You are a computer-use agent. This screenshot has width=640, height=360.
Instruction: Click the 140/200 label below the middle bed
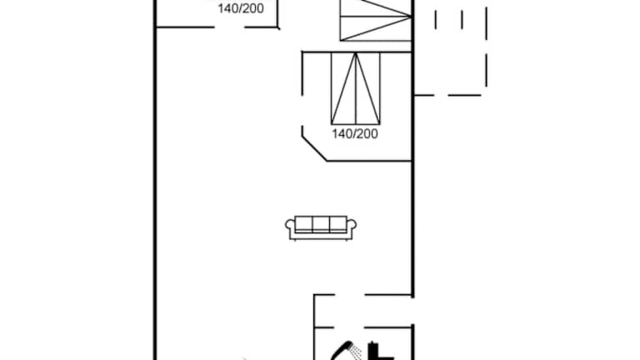[x=355, y=134]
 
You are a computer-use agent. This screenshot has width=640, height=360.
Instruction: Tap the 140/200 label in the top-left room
[x=241, y=8]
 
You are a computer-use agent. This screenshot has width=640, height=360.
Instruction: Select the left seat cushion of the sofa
[x=303, y=224]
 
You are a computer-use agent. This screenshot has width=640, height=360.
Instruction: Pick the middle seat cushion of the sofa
[x=321, y=224]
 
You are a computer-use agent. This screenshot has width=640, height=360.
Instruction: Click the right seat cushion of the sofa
[x=338, y=224]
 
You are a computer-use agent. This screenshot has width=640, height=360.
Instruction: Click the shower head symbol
[x=346, y=351]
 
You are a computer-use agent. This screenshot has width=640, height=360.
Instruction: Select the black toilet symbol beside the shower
[x=379, y=352]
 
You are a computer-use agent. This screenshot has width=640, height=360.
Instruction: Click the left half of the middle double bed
[x=343, y=88]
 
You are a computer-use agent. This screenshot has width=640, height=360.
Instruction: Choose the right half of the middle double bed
[x=367, y=88]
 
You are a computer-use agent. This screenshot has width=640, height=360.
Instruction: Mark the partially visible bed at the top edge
[x=376, y=20]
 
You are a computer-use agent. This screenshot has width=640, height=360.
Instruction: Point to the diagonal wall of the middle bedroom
[x=314, y=148]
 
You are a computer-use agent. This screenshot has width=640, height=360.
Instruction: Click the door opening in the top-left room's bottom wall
[x=229, y=27]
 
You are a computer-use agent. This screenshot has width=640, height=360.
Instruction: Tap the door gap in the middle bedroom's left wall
[x=302, y=111]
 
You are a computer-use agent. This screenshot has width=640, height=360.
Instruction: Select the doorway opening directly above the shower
[x=349, y=327]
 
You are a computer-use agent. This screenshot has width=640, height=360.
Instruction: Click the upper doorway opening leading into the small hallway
[x=350, y=294]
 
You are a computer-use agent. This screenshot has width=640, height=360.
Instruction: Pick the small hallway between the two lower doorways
[x=363, y=311]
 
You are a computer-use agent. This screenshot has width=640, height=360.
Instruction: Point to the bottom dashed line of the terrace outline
[x=447, y=96]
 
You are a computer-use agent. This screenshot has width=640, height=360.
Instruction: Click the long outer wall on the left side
[x=155, y=180]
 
